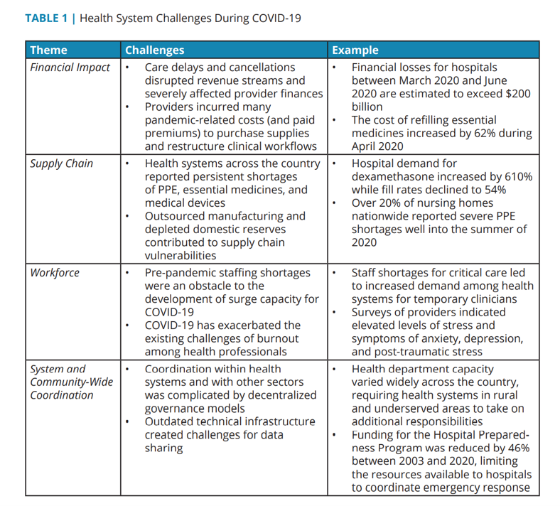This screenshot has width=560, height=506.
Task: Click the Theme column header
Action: [49, 50]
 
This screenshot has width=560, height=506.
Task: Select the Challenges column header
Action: [154, 50]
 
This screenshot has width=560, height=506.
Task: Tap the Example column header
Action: [355, 50]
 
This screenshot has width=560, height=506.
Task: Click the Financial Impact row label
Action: [70, 68]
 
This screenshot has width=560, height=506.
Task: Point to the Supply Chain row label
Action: [61, 163]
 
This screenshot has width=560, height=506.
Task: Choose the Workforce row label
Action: [55, 273]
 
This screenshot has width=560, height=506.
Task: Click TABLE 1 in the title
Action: [46, 18]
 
